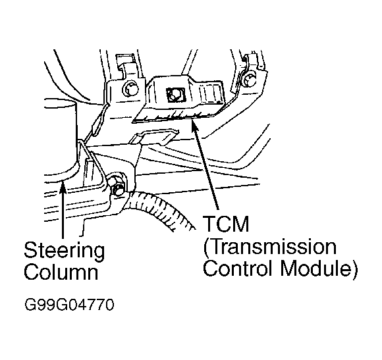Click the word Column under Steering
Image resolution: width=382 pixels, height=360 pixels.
pyautogui.click(x=61, y=272)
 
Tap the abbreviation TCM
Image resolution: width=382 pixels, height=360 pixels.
pyautogui.click(x=227, y=224)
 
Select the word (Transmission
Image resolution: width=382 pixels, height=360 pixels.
pyautogui.click(x=270, y=247)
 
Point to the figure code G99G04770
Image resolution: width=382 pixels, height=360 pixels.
pyautogui.click(x=69, y=305)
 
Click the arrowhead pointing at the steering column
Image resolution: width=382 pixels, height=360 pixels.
pyautogui.click(x=63, y=187)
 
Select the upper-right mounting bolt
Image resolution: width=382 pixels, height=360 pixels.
pyautogui.click(x=248, y=80)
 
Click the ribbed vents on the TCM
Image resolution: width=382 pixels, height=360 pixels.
pyautogui.click(x=210, y=93)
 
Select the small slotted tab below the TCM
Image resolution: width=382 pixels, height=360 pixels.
pyautogui.click(x=154, y=137)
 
